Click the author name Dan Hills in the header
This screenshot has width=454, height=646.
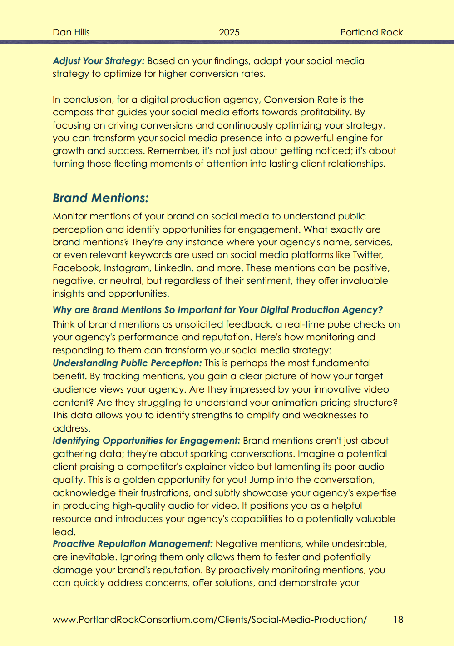pyautogui.click(x=71, y=32)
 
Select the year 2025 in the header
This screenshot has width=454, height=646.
pyautogui.click(x=229, y=32)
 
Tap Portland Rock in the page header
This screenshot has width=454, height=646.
pyautogui.click(x=371, y=32)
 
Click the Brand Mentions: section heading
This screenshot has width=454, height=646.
pyautogui.click(x=100, y=198)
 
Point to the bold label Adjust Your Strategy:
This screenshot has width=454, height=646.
pyautogui.click(x=99, y=61)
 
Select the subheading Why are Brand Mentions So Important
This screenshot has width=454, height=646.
pyautogui.click(x=217, y=310)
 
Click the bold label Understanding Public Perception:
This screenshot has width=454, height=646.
pyautogui.click(x=127, y=363)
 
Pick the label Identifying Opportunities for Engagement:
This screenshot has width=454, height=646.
pyautogui.click(x=146, y=441)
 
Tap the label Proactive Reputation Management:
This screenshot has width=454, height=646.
pyautogui.click(x=133, y=544)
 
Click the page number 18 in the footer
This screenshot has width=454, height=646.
pyautogui.click(x=398, y=620)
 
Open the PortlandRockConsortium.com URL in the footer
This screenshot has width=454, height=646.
pyautogui.click(x=210, y=620)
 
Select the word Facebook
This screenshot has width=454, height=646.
pyautogui.click(x=75, y=268)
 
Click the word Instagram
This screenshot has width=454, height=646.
pyautogui.click(x=127, y=268)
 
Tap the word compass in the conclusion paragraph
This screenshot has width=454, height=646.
pyautogui.click(x=72, y=112)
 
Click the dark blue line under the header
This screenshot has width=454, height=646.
pyautogui.click(x=227, y=42)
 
